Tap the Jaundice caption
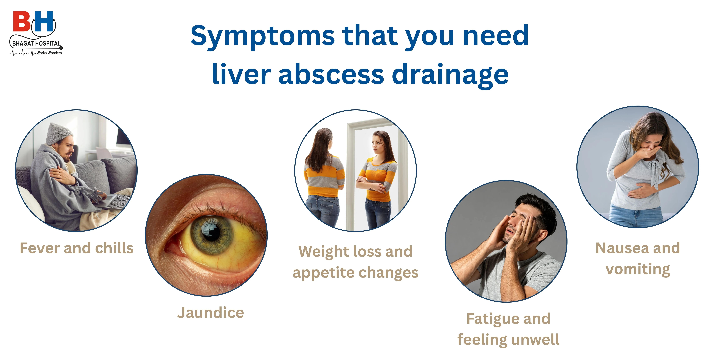[x=210, y=312]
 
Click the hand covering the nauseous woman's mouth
[x=649, y=152]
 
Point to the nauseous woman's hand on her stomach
[x=639, y=191]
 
